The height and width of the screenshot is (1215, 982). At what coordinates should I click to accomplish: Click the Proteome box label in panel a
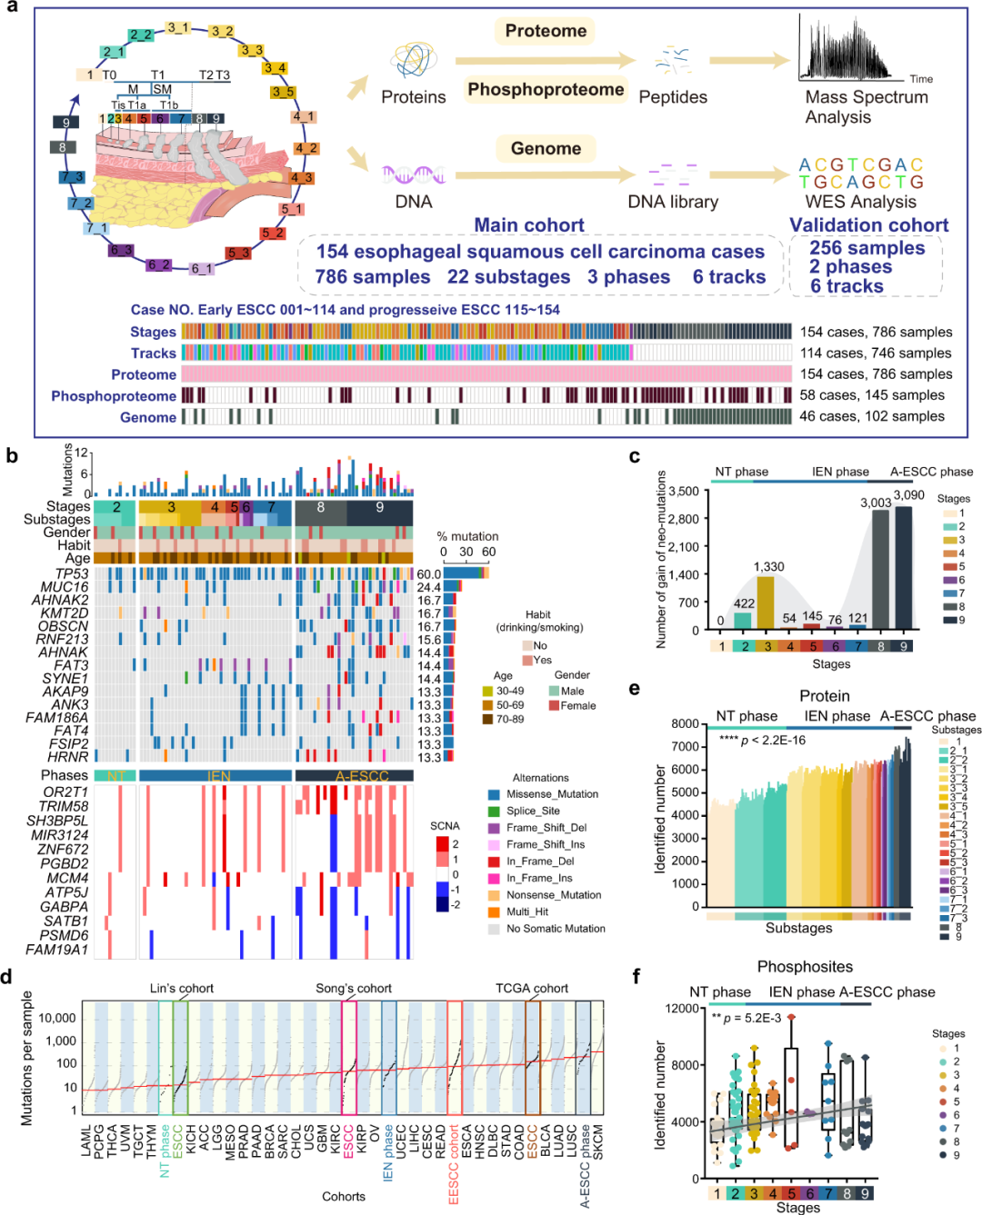click(546, 31)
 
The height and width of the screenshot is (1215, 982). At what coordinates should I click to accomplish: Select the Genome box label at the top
click(546, 148)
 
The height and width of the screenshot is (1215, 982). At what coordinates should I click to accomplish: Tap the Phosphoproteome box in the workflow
click(546, 89)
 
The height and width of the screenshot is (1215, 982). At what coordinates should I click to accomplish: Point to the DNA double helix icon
click(414, 174)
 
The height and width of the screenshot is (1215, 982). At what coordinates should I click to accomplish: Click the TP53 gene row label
click(72, 574)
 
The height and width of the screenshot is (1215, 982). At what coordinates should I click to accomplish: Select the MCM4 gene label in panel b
click(67, 878)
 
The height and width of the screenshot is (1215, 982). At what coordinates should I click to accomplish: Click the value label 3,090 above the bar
click(908, 495)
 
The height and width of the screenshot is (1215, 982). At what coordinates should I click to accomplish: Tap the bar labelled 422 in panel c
click(745, 620)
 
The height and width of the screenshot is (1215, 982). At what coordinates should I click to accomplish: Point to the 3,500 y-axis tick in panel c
click(684, 492)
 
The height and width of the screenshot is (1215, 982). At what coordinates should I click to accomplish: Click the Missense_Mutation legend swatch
click(494, 794)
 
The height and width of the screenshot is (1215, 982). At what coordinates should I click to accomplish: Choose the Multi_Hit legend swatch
click(494, 911)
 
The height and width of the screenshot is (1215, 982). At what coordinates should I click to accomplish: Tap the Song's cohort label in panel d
click(354, 988)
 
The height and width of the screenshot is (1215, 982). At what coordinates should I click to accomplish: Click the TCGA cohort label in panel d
click(532, 988)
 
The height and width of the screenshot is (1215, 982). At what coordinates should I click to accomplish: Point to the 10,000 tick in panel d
click(57, 1018)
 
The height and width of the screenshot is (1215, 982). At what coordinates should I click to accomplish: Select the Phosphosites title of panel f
click(805, 967)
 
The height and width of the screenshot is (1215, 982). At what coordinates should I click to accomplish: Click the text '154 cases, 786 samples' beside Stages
click(876, 332)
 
